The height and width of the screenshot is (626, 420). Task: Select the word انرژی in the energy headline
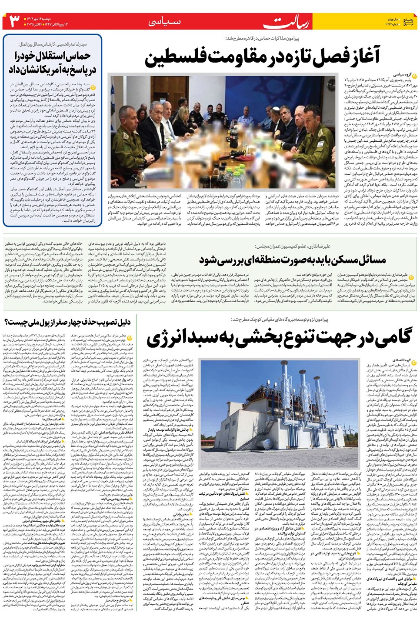170,339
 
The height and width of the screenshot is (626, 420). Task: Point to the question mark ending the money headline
7,322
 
